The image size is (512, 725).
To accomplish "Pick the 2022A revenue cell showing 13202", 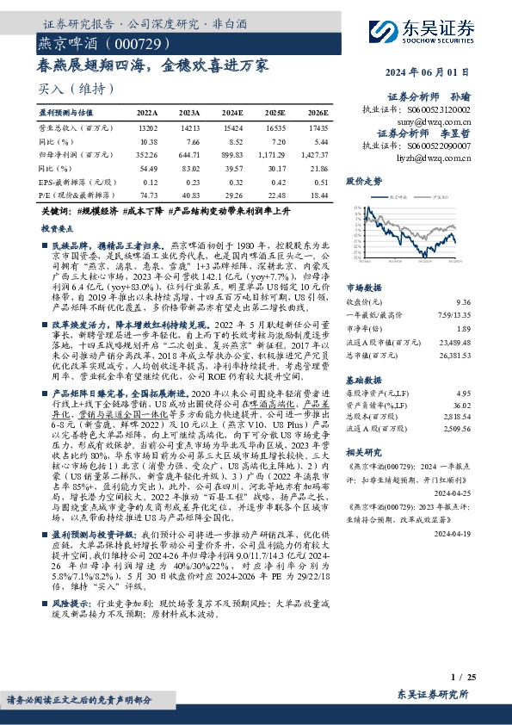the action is (x=147, y=126).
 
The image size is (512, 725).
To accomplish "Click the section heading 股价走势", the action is (x=363, y=183).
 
